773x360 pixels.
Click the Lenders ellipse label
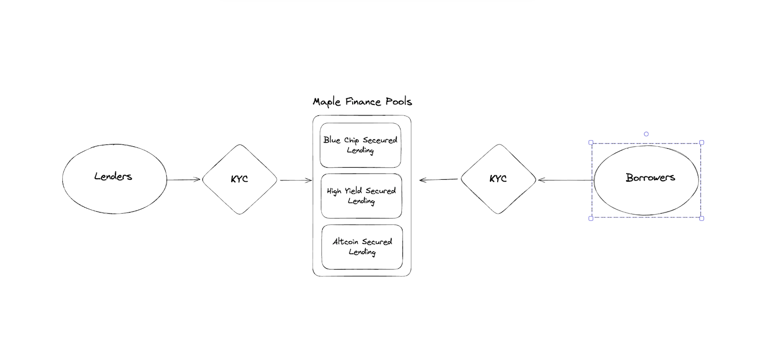pyautogui.click(x=113, y=176)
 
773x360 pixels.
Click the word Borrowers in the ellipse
pyautogui.click(x=650, y=177)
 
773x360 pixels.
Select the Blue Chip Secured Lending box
pyautogui.click(x=360, y=145)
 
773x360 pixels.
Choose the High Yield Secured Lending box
pyautogui.click(x=361, y=196)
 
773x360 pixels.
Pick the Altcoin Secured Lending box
pyautogui.click(x=362, y=247)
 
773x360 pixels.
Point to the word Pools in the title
pyautogui.click(x=399, y=101)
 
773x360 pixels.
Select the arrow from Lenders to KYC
pyautogui.click(x=184, y=179)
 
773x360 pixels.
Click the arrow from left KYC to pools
pyautogui.click(x=296, y=180)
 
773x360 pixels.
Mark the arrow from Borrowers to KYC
pyautogui.click(x=566, y=180)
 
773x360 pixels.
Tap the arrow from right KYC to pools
pyautogui.click(x=439, y=179)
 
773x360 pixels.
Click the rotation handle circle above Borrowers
pyautogui.click(x=646, y=134)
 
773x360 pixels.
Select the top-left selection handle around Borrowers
pyautogui.click(x=591, y=143)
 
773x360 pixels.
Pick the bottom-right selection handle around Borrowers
pyautogui.click(x=701, y=218)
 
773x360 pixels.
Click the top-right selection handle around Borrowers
pyautogui.click(x=701, y=142)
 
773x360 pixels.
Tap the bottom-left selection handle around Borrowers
pyautogui.click(x=591, y=218)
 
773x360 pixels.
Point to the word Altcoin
pyautogui.click(x=345, y=242)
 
